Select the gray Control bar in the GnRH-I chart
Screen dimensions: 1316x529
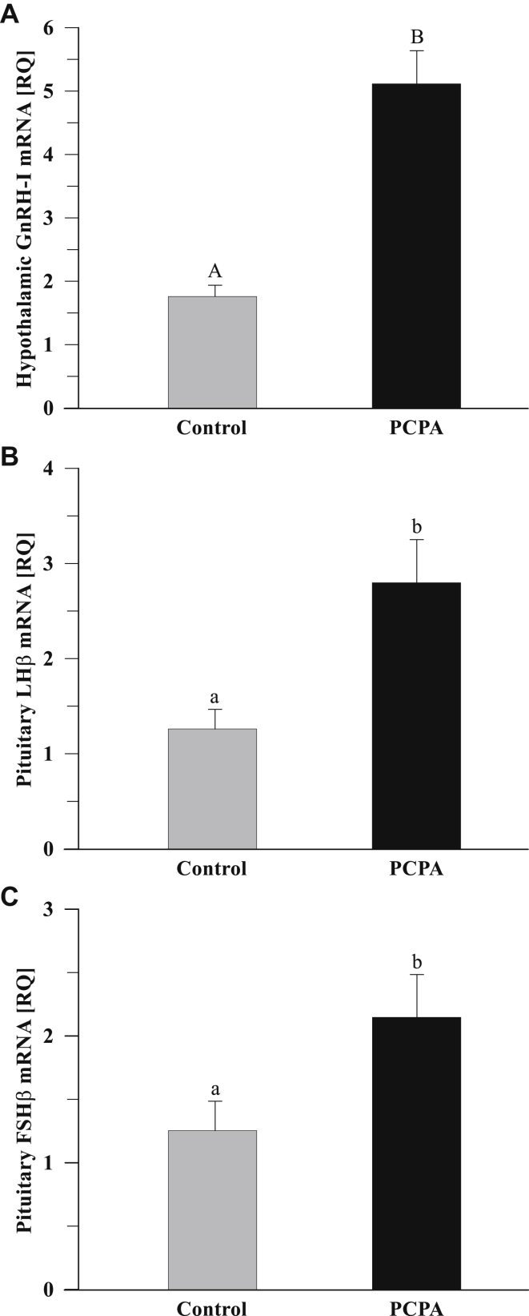[x=212, y=352]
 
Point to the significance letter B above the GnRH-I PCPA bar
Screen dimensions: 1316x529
[x=416, y=37]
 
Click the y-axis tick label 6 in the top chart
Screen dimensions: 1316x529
[x=48, y=28]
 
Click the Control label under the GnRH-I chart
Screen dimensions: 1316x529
[x=211, y=428]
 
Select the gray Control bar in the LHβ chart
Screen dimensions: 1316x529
[x=212, y=789]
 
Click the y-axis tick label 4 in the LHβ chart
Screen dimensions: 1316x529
[x=48, y=469]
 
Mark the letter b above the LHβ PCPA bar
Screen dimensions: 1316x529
[x=416, y=526]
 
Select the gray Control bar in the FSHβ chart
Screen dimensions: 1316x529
[x=212, y=1209]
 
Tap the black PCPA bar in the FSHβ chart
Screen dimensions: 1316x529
[x=416, y=1153]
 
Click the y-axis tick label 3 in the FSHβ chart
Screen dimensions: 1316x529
[x=48, y=910]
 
